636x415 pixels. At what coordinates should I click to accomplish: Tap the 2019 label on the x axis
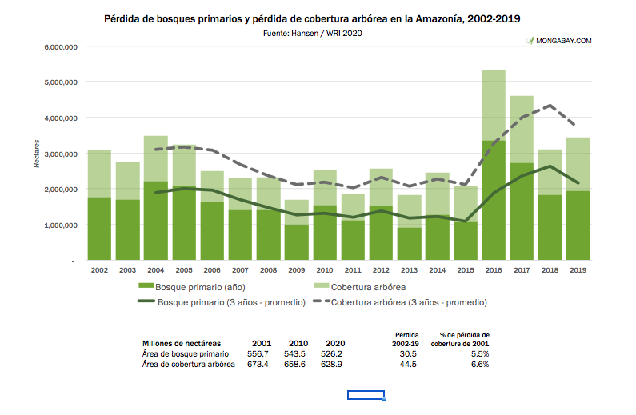click(578, 272)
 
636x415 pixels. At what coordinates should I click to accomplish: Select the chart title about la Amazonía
click(318, 18)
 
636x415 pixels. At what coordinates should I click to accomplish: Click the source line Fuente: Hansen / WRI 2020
click(318, 33)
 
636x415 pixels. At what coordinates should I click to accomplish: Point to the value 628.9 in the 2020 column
click(329, 364)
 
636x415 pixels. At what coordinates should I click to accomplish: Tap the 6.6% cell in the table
click(480, 364)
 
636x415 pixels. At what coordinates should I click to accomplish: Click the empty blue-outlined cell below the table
click(366, 395)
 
